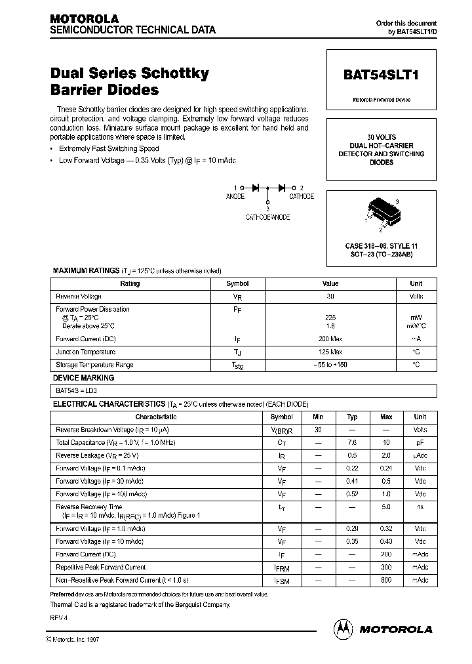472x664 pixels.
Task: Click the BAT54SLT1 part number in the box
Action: (381, 75)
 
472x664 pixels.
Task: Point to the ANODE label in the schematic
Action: (235, 196)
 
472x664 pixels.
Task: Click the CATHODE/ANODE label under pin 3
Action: (267, 217)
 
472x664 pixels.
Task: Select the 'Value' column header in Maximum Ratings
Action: (330, 283)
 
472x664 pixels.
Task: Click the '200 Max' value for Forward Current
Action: (330, 339)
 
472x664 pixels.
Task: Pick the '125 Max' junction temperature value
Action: (330, 352)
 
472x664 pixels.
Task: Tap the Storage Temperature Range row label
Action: (94, 365)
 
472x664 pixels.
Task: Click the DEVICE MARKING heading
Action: (83, 378)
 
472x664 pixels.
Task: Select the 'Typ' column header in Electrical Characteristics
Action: (352, 417)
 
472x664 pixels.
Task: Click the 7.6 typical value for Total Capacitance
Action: (352, 443)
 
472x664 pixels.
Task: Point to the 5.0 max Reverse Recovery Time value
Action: (386, 507)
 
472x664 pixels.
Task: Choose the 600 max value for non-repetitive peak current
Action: (386, 580)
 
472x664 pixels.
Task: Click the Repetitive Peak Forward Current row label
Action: (101, 567)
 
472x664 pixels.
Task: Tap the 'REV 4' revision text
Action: (59, 617)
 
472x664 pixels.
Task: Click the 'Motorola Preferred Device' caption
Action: (381, 100)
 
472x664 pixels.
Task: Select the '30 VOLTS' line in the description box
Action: (381, 137)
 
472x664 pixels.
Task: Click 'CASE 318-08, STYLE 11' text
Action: (382, 245)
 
